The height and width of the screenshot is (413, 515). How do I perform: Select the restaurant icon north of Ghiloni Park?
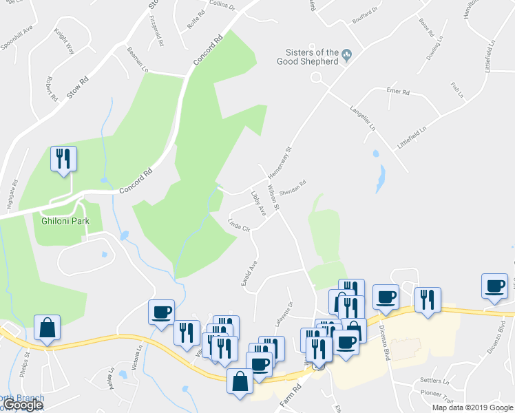pos(63,159)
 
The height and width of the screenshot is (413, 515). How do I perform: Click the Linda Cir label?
pos(238,224)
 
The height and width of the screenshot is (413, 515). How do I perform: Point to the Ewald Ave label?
pos(249,273)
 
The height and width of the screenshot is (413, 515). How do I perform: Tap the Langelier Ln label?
pos(363,118)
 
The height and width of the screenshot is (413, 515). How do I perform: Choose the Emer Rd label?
pos(398,92)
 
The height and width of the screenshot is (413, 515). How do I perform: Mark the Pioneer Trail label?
pos(438,396)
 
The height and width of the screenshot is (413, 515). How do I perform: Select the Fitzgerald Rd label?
pos(156,32)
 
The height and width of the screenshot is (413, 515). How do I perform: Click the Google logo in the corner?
pos(23,405)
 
